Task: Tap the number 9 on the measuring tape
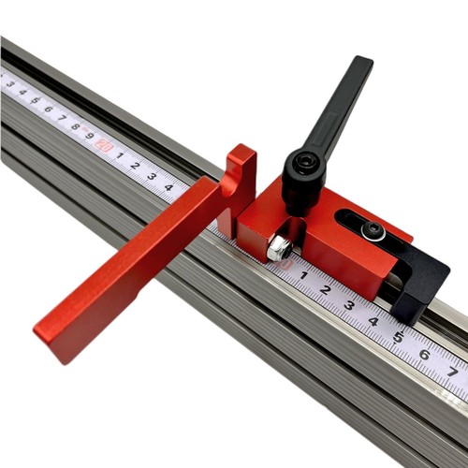pyautogui.click(x=89, y=137)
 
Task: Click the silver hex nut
pyautogui.click(x=278, y=249)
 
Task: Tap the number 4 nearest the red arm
pyautogui.click(x=168, y=187)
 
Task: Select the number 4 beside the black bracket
pyautogui.click(x=373, y=320)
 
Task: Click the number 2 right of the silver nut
pyautogui.click(x=325, y=290)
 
